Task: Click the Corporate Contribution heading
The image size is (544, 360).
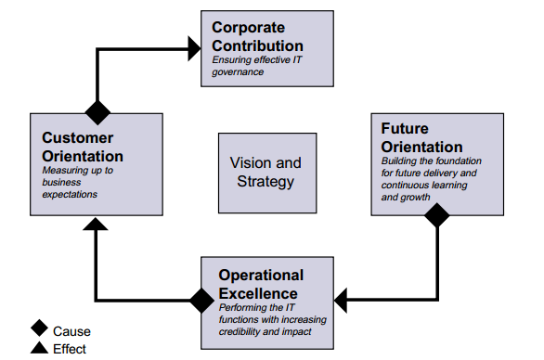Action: point(257,36)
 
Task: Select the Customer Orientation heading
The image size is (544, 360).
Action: point(83,147)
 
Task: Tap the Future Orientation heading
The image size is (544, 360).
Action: point(421,138)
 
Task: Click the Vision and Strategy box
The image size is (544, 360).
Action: point(265,172)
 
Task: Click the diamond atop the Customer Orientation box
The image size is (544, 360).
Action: point(97,113)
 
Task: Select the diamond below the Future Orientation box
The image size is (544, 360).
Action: point(436,215)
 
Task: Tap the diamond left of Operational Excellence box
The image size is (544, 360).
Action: point(201,300)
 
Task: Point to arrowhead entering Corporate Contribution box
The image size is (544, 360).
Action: point(193,45)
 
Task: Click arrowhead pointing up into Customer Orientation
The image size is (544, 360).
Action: point(97,224)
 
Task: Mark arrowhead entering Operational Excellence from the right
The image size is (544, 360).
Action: point(342,300)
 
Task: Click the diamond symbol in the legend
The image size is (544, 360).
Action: point(39,328)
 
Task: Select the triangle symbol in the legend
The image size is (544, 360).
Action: point(39,348)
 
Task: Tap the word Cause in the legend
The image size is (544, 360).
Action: point(71,330)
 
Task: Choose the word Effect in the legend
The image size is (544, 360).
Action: point(71,349)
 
